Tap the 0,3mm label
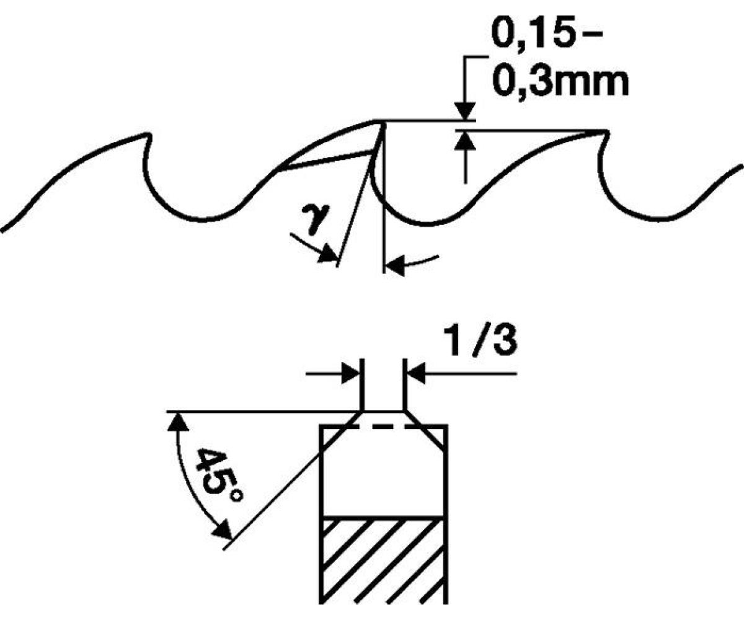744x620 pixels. [560, 83]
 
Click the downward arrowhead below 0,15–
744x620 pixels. [465, 111]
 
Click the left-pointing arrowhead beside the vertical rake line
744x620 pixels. [395, 265]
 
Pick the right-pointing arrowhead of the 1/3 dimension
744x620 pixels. [351, 374]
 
